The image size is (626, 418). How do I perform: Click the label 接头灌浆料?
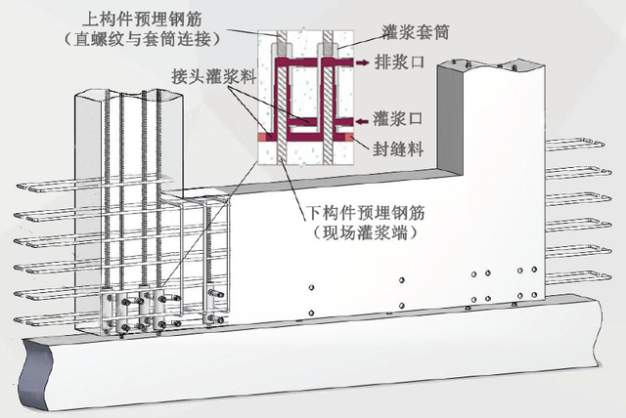[207, 74]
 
